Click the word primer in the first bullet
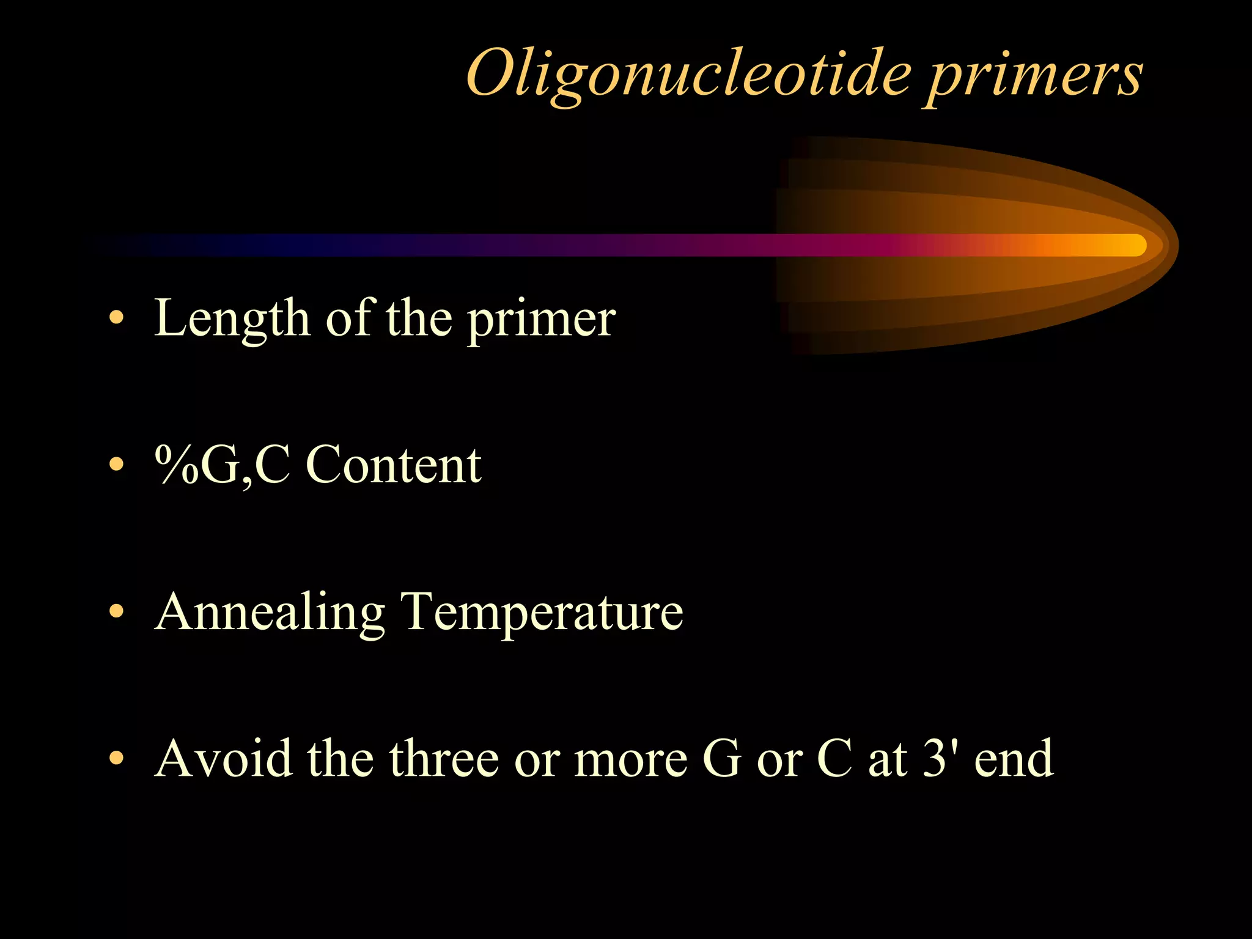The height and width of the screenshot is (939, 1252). point(542,322)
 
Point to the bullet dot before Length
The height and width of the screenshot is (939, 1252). point(116,319)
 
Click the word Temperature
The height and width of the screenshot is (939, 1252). point(541,613)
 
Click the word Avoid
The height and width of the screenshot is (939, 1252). point(224,758)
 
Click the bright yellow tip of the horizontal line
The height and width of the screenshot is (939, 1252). point(1131,245)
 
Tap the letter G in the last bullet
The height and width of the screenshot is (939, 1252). point(722,758)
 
